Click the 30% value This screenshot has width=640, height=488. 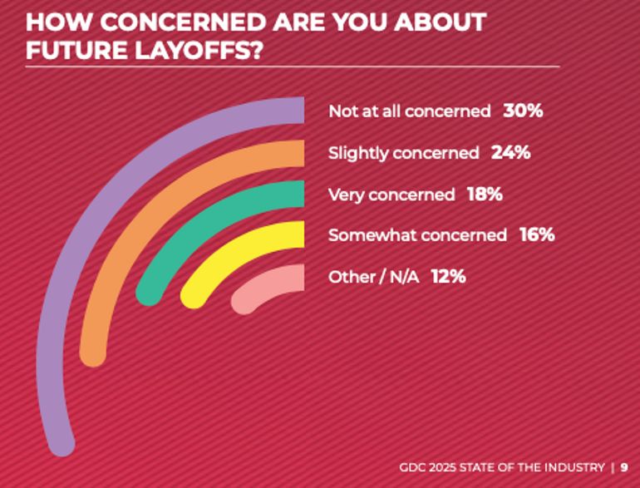click(x=523, y=111)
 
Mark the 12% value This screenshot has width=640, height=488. click(x=448, y=277)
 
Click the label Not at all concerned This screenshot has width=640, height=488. click(x=410, y=111)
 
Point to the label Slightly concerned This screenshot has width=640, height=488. click(x=403, y=153)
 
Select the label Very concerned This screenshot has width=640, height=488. click(x=391, y=195)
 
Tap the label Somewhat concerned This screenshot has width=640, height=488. click(x=417, y=235)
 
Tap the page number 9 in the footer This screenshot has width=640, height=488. click(x=624, y=467)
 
